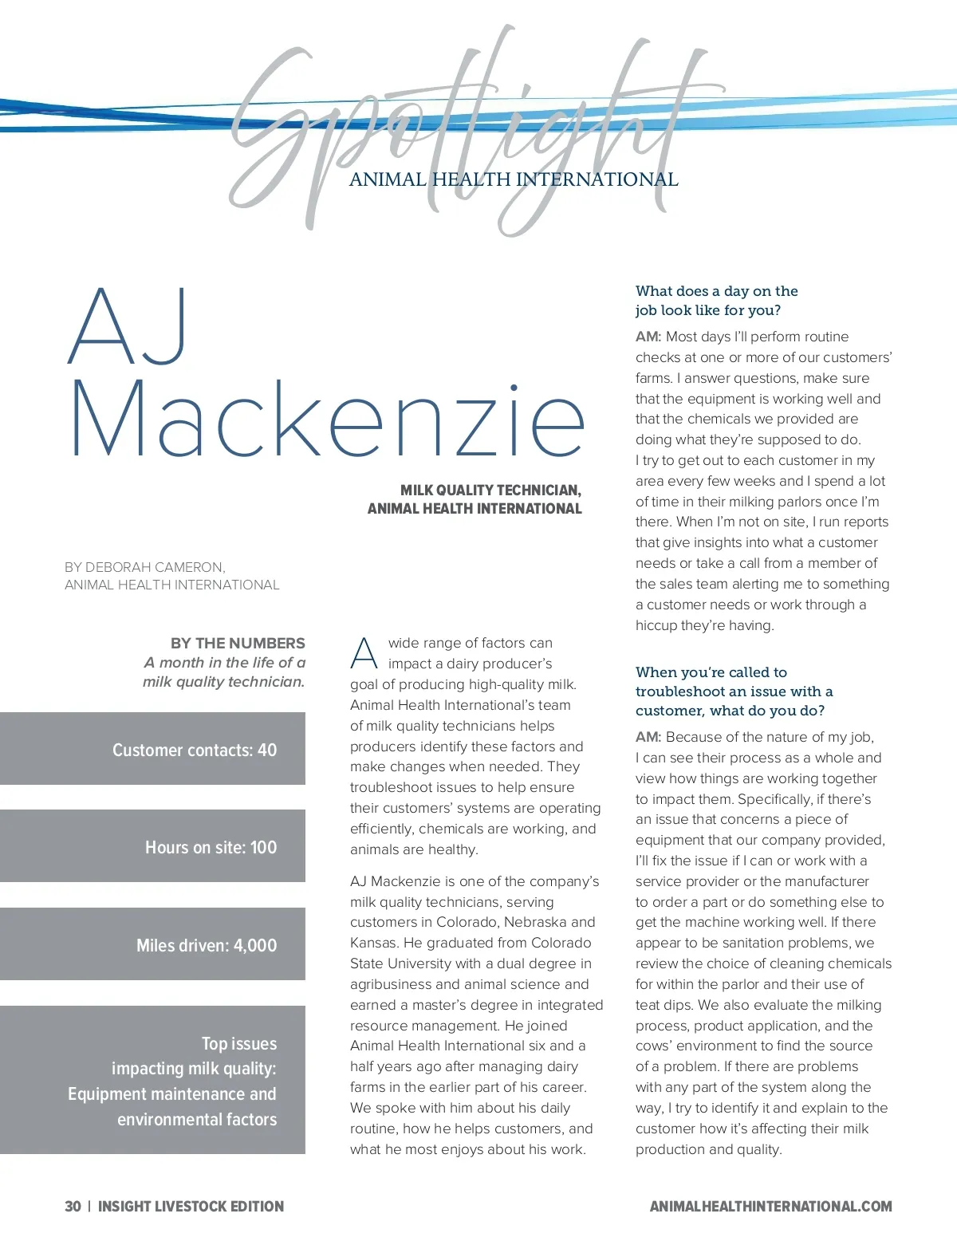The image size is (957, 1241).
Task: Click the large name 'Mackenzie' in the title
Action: click(x=327, y=418)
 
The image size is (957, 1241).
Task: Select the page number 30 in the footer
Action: click(x=73, y=1206)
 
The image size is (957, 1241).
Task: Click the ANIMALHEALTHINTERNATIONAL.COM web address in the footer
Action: click(x=770, y=1206)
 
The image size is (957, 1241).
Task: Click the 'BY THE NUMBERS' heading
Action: click(x=238, y=643)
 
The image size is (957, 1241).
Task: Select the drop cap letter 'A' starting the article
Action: click(x=364, y=654)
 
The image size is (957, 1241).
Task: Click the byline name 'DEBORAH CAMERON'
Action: click(x=155, y=567)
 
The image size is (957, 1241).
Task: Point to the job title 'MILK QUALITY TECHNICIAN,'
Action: click(x=490, y=490)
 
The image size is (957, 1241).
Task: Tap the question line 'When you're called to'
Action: click(x=711, y=672)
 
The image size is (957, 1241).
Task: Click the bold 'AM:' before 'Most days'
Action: click(x=648, y=337)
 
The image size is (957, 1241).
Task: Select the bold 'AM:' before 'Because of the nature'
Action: click(x=648, y=737)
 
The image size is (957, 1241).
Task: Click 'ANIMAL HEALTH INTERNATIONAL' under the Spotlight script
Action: click(x=514, y=179)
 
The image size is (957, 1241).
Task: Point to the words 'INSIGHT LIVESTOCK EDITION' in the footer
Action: click(x=191, y=1206)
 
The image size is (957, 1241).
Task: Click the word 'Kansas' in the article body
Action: click(x=373, y=943)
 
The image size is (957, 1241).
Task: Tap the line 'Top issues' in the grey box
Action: click(x=238, y=1043)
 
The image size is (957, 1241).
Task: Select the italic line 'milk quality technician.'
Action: click(x=223, y=682)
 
